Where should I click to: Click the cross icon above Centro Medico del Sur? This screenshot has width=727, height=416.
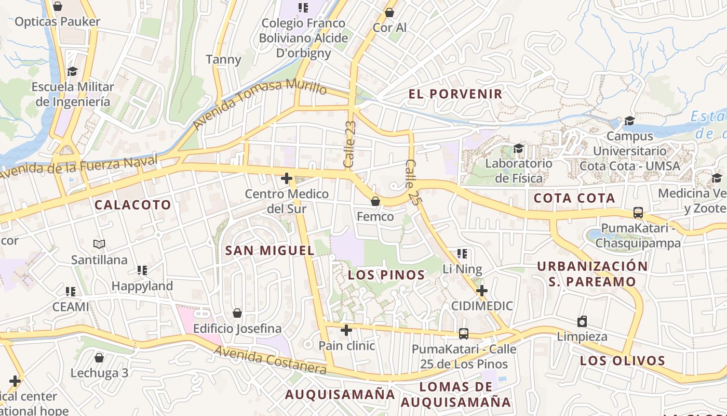click(286, 179)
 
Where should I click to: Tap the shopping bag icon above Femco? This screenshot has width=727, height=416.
click(375, 201)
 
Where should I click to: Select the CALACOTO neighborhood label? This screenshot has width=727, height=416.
click(133, 205)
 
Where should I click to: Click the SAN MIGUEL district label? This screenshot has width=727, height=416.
click(270, 251)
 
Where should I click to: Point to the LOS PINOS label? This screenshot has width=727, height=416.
click(386, 275)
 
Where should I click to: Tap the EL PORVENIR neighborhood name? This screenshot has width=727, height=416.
click(455, 94)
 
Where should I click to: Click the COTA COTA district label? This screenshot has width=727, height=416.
click(574, 198)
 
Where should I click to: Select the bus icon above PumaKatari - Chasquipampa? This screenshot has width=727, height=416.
click(638, 213)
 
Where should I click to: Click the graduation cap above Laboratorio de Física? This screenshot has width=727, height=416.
click(518, 149)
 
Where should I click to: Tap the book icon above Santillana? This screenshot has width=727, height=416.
click(99, 244)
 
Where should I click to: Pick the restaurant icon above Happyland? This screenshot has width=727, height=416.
click(142, 270)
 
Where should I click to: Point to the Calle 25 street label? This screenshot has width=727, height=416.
click(412, 182)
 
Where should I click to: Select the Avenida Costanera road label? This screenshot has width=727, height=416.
click(270, 360)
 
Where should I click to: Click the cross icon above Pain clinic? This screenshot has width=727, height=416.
click(346, 330)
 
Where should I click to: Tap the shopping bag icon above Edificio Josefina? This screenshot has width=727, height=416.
click(237, 313)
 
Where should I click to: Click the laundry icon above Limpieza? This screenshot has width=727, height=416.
click(582, 321)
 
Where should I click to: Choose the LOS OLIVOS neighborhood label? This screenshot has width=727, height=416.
click(623, 361)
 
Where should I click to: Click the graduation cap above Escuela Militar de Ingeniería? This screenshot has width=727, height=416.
click(72, 71)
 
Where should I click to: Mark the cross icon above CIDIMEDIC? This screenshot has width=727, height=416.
click(482, 290)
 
